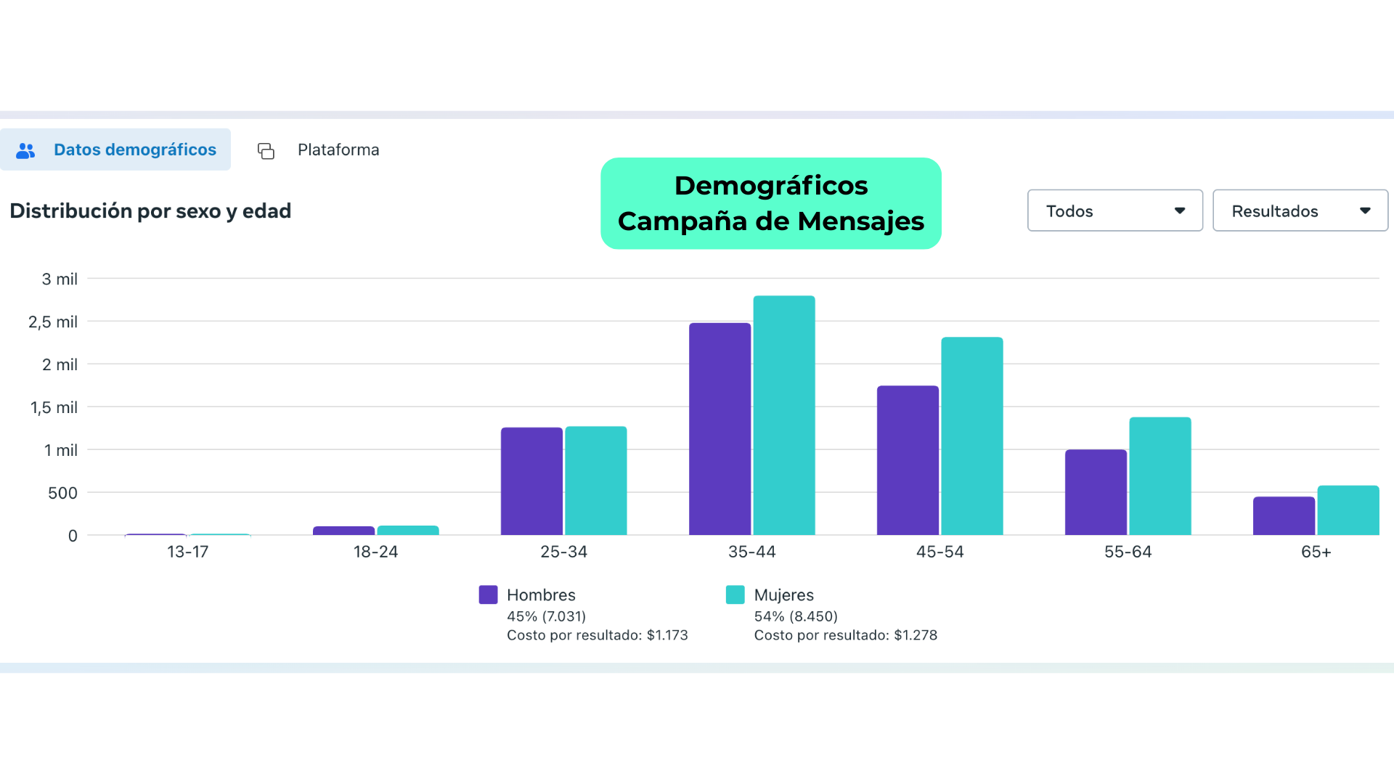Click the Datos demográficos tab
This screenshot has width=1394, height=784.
coord(116,150)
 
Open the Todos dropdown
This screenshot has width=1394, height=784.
coord(1114,211)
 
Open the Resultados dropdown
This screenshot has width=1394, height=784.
coord(1300,211)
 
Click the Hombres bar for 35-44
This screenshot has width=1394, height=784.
coord(720,428)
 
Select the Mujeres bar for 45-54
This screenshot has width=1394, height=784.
coord(972,436)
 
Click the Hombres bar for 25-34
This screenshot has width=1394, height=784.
coord(531,481)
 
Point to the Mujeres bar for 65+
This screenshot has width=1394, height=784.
coord(1348,510)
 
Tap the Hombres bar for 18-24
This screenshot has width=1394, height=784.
coord(343,531)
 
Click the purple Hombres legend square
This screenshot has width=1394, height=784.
coord(489,595)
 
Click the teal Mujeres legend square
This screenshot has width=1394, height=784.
coord(735,595)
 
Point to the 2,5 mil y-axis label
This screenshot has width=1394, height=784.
coord(53,322)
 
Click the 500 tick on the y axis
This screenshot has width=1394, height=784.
coord(62,493)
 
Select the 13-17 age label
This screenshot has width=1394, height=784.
coord(187,552)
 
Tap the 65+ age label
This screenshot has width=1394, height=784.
coord(1316,552)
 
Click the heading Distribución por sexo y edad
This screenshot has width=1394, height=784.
coord(150,211)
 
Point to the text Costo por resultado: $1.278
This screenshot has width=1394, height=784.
coord(845,635)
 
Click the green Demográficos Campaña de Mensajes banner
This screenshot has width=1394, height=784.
coord(771,203)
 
